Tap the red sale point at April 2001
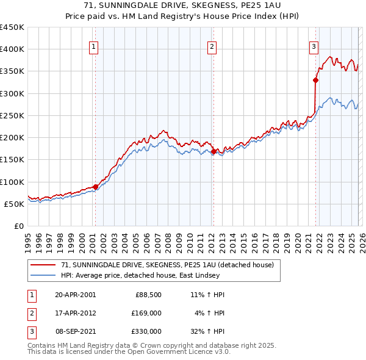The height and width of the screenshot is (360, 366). click(x=96, y=187)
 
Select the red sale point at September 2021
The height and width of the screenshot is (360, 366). click(x=316, y=79)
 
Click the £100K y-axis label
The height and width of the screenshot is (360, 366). click(x=12, y=182)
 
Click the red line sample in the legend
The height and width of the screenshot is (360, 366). click(x=44, y=265)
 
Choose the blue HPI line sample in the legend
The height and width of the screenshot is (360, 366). click(x=44, y=275)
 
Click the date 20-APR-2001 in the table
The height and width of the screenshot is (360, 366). click(x=75, y=295)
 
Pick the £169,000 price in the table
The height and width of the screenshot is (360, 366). click(x=146, y=313)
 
